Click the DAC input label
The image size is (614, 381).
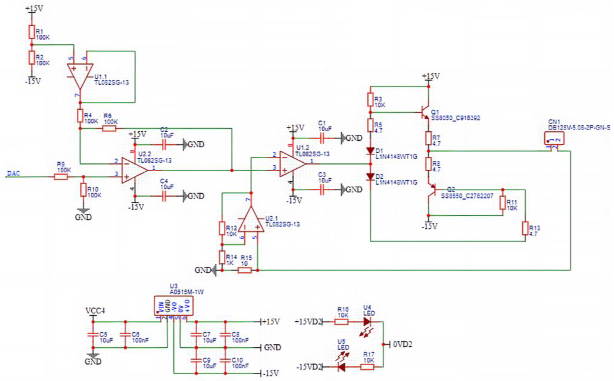(x=13, y=174)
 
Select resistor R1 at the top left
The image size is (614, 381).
(x=32, y=32)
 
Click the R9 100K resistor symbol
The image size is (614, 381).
(x=61, y=177)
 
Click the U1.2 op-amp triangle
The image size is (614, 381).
(x=292, y=164)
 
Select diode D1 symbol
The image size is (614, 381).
(x=370, y=151)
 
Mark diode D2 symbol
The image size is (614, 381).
(x=370, y=177)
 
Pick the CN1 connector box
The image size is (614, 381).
(x=554, y=138)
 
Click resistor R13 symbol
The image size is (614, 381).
(x=525, y=228)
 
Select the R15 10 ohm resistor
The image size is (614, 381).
(x=244, y=270)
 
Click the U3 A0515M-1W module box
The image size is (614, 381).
(x=174, y=306)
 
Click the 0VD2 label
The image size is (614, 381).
(x=402, y=344)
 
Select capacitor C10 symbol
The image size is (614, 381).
(x=225, y=360)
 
